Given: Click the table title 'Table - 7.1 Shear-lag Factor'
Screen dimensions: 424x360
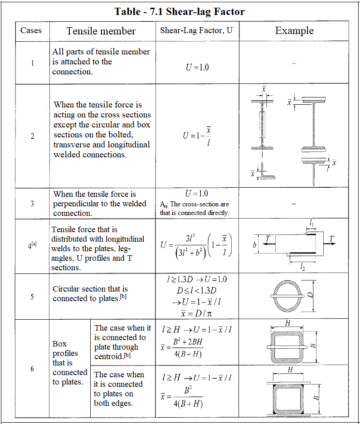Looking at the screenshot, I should click(180, 11).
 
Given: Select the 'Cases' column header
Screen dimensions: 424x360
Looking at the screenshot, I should click(31, 31).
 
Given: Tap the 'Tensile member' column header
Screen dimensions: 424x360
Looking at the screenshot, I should click(101, 31).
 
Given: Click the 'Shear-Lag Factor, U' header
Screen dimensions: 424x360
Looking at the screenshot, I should click(196, 31).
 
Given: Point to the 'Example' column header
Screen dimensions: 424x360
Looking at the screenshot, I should click(294, 31).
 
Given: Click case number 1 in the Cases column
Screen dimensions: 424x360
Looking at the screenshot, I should click(32, 63).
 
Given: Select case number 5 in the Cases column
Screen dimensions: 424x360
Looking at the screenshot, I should click(32, 297).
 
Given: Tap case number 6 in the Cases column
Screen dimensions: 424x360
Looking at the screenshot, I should click(32, 369).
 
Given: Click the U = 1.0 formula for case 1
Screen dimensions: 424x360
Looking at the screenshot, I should click(197, 67).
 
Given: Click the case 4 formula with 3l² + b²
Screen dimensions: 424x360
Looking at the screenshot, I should click(196, 245).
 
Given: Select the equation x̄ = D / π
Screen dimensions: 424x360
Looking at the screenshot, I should click(197, 313).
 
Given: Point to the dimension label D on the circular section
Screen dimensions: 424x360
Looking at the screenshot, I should click(311, 295).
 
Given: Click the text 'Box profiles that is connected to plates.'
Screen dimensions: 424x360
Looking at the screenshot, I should click(69, 363).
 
